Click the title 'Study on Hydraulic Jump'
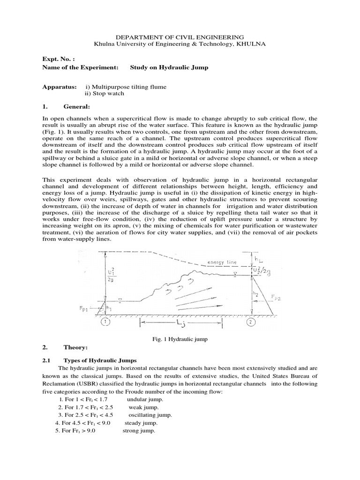[169, 67]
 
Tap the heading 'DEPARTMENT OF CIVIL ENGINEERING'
[180, 36]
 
